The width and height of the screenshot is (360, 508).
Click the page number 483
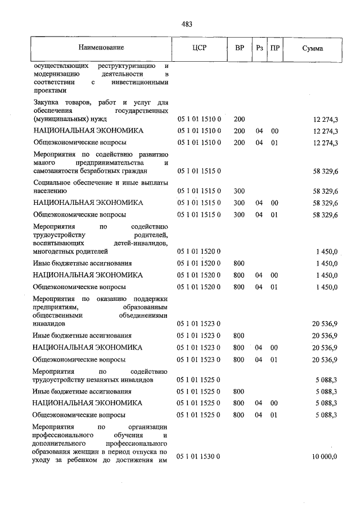coord(187,24)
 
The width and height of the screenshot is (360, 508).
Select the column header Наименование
coord(101,48)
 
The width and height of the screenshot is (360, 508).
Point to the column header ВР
coord(239,48)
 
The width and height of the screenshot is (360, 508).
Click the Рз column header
coord(259,48)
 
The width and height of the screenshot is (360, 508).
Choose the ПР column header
coord(274,48)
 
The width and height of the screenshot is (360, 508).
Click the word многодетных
coord(52,252)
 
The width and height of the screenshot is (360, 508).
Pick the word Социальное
coord(52,182)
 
